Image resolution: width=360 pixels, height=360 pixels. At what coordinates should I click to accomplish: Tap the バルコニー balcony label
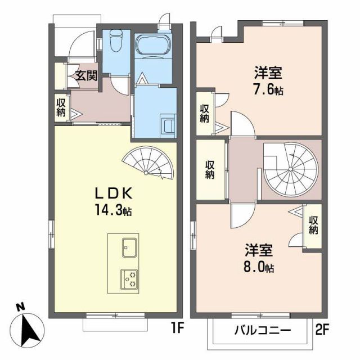pyautogui.click(x=262, y=330)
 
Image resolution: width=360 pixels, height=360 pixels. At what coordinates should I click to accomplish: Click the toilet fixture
pyautogui.click(x=116, y=40)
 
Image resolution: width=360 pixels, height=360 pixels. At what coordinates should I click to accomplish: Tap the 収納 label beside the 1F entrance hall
pyautogui.click(x=61, y=107)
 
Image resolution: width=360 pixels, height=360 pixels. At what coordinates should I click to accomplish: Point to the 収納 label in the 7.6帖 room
pyautogui.click(x=204, y=114)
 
